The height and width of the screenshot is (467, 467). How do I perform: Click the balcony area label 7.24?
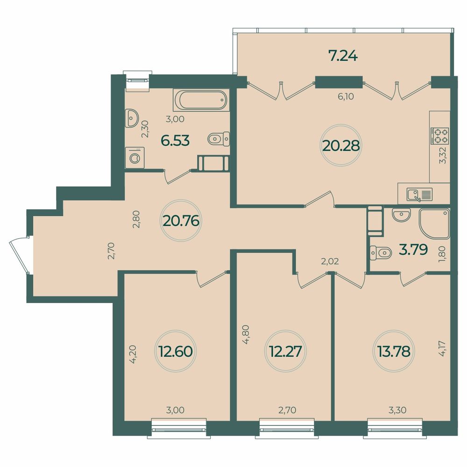(x=343, y=57)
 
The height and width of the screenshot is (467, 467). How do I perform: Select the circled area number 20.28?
(x=340, y=146)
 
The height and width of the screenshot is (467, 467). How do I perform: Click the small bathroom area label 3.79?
(x=413, y=250)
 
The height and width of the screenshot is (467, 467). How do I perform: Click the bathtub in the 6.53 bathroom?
(x=201, y=99)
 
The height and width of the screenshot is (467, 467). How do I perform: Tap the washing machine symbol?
(x=135, y=157)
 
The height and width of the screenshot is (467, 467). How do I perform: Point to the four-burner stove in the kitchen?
(x=439, y=136)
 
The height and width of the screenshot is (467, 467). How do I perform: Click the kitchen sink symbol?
(x=420, y=193)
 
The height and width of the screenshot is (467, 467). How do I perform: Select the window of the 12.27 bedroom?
(x=287, y=427)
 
